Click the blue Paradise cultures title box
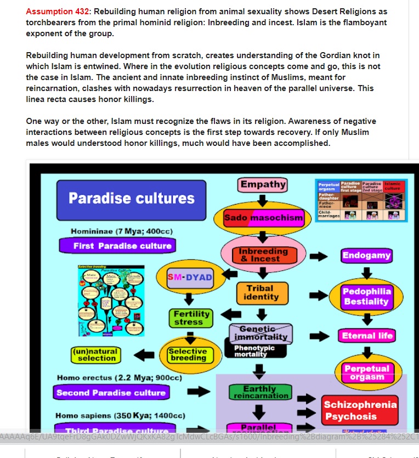[131, 199]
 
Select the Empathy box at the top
[263, 185]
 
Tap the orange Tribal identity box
[263, 292]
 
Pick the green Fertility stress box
[189, 318]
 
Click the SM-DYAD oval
[190, 277]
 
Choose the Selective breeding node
[188, 354]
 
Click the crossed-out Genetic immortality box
[262, 332]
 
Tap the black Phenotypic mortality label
[254, 350]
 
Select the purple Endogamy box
[366, 255]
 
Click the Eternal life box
[366, 336]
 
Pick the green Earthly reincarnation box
[259, 392]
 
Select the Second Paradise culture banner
[110, 393]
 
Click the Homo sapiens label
[121, 416]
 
